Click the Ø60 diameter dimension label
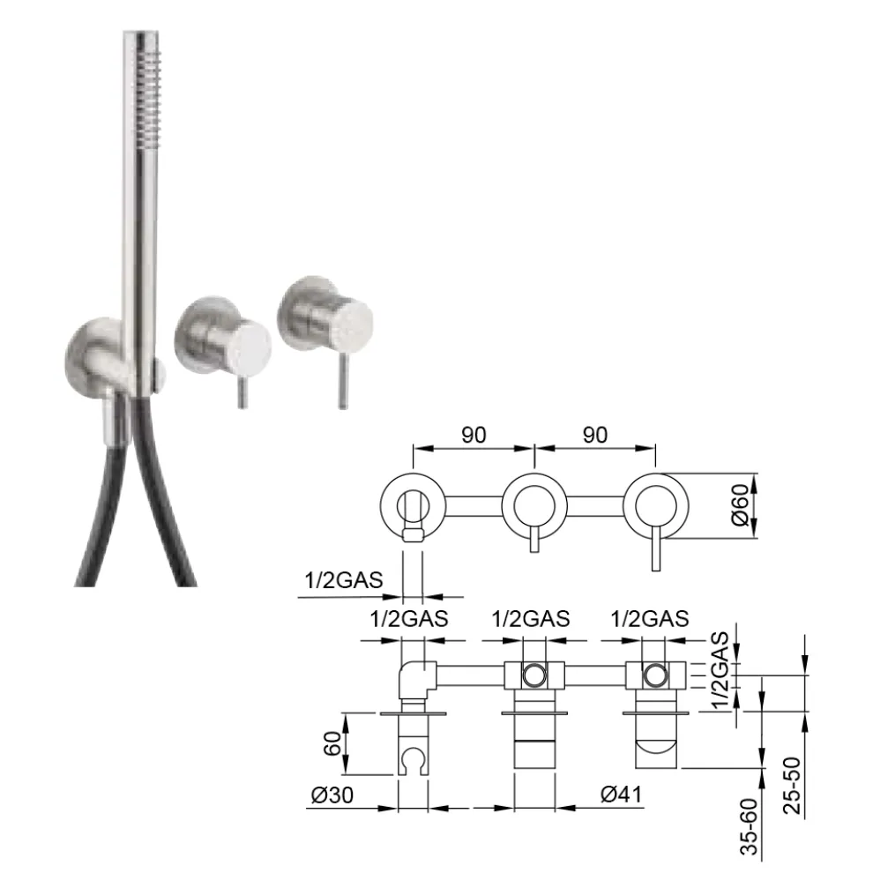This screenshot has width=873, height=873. click(x=740, y=505)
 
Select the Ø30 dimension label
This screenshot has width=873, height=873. click(x=332, y=795)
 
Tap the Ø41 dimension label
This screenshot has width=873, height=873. click(x=622, y=794)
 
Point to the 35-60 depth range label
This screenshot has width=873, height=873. click(x=750, y=826)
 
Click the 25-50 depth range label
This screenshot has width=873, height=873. click(x=792, y=786)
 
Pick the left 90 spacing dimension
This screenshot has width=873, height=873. click(x=474, y=435)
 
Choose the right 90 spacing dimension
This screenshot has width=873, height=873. click(x=595, y=435)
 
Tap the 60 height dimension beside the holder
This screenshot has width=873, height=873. click(x=332, y=743)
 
